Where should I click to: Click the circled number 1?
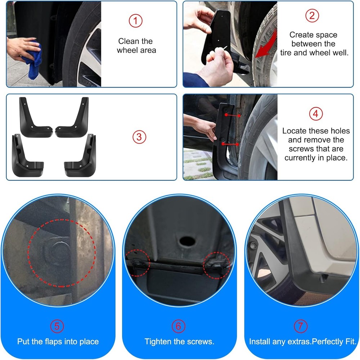(135, 21)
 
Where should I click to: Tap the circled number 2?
(312, 15)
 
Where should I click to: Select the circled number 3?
(139, 137)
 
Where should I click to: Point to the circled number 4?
(316, 114)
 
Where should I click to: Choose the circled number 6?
(179, 326)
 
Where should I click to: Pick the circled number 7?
(300, 326)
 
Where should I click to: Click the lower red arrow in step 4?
(230, 144)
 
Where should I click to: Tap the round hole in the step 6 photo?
(186, 240)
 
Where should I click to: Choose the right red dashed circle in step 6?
(217, 266)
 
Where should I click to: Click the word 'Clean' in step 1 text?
(128, 41)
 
